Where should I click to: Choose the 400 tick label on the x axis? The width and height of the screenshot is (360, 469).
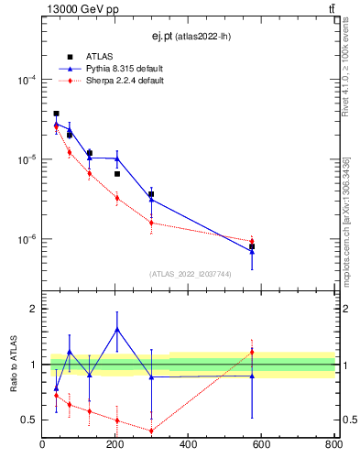tap(188, 445)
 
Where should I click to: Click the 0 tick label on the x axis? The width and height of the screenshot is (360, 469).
tap(43, 445)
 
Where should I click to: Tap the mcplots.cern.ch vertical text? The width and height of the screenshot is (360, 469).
tap(351, 220)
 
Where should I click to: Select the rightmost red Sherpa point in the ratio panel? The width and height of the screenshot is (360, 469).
tap(252, 353)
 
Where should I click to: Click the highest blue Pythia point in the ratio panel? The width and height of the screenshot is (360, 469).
tap(116, 329)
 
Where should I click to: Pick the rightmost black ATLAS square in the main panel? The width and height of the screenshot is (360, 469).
tap(252, 246)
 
